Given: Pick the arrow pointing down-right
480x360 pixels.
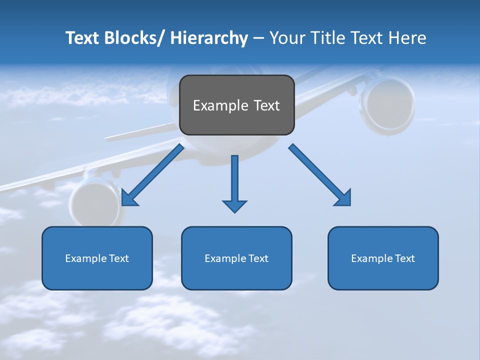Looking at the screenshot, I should coord(320,175).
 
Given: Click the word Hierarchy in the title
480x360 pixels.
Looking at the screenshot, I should coord(209,38).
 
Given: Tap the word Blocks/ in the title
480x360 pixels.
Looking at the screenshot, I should coord(132,38).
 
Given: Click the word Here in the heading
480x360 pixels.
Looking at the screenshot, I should coord(408,38).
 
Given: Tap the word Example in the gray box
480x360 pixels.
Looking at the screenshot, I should coord(220,105).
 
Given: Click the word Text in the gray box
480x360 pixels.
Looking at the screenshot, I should coord(266,105).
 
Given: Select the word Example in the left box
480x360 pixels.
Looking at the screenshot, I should coord(86,258).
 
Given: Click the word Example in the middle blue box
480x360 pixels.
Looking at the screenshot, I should coord(225,258).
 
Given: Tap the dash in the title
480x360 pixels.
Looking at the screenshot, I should coord(258,38).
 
